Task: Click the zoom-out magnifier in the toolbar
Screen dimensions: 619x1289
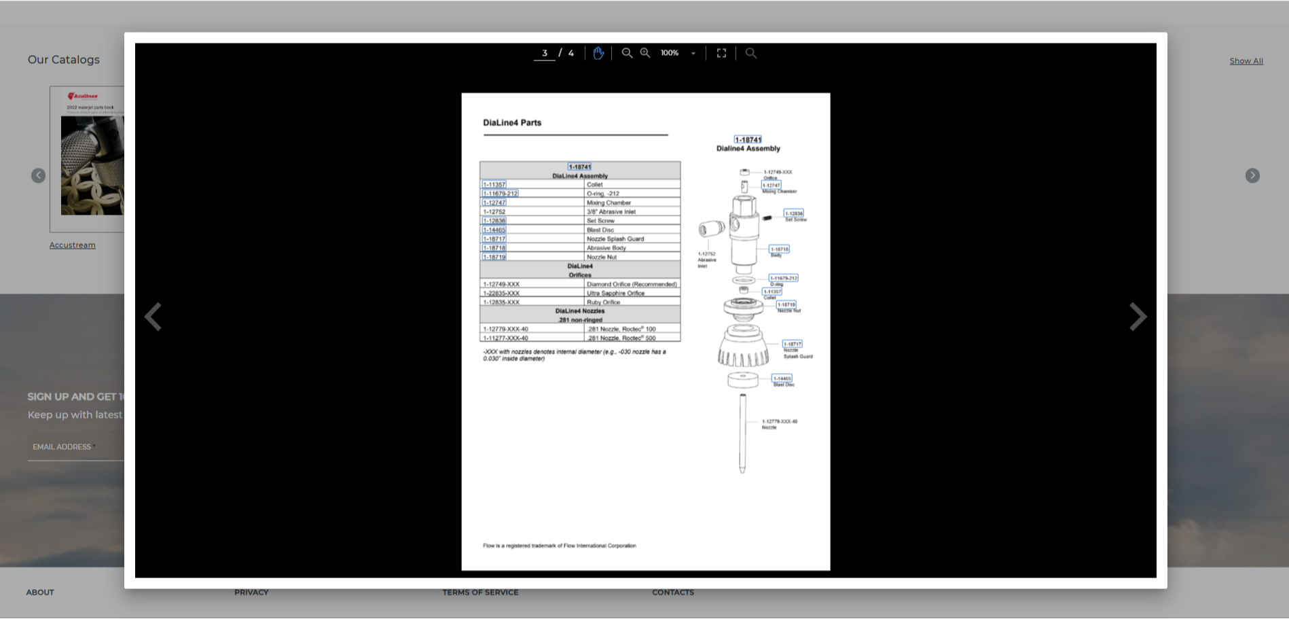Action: [627, 53]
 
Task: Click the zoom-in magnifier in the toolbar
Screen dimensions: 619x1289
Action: [645, 53]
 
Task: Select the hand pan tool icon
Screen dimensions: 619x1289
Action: [598, 53]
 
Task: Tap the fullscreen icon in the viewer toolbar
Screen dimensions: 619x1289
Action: [721, 53]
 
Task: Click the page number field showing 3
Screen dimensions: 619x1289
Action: [544, 53]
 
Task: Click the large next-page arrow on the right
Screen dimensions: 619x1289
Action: [1138, 317]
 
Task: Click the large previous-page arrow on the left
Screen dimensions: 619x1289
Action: [153, 317]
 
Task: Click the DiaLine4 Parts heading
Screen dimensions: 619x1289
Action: [512, 123]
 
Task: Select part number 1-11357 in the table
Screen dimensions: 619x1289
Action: [494, 185]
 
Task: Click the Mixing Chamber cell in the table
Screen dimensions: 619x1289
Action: [609, 202]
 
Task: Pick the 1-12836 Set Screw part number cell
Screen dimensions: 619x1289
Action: [494, 221]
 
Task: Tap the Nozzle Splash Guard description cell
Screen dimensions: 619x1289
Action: [615, 238]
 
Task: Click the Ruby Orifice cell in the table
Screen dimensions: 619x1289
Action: [603, 302]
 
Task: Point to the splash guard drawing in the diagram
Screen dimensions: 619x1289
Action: [743, 347]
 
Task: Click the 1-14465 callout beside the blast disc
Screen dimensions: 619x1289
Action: [782, 378]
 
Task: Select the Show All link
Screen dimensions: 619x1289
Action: [1246, 61]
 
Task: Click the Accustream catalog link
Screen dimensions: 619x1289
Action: [72, 245]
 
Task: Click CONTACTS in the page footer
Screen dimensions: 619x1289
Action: [672, 593]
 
